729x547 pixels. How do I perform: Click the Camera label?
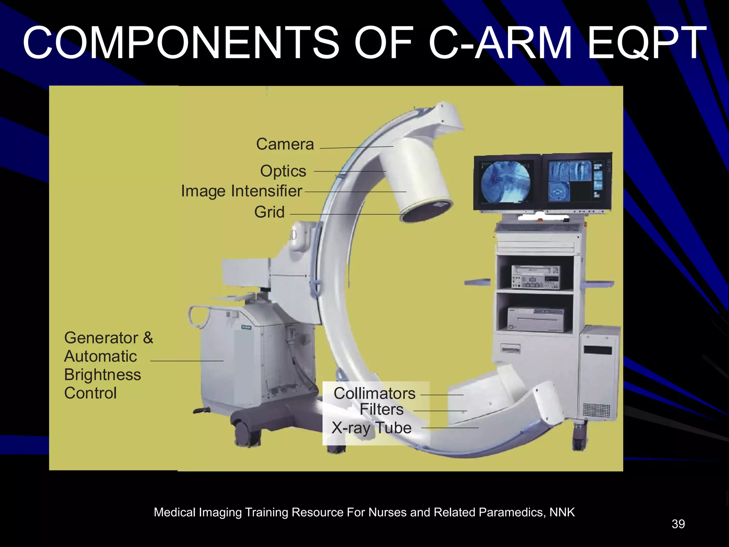click(x=285, y=144)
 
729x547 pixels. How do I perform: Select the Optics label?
click(x=283, y=171)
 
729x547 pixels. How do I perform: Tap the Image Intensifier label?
click(x=241, y=191)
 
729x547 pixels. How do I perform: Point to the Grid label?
click(x=269, y=212)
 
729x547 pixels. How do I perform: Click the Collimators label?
click(x=374, y=394)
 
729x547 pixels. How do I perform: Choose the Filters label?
click(x=382, y=409)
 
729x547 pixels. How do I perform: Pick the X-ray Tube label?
click(x=371, y=428)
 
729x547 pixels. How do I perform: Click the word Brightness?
click(x=103, y=375)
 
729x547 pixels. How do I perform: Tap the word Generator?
click(x=101, y=338)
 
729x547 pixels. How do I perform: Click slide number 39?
click(x=678, y=524)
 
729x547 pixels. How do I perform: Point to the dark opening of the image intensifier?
click(x=425, y=212)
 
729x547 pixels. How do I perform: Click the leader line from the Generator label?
click(x=187, y=361)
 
